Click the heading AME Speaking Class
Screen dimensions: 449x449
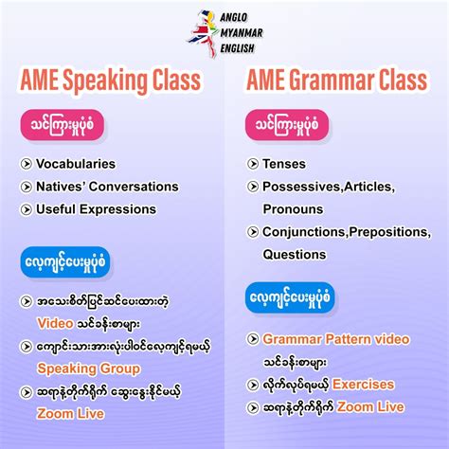tap(110, 81)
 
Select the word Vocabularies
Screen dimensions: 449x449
tap(76, 164)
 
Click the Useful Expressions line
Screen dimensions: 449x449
tap(96, 208)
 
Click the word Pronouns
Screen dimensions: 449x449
tap(294, 208)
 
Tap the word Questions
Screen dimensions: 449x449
tap(295, 254)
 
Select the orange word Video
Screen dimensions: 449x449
tap(55, 322)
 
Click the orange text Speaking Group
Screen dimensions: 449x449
tap(88, 368)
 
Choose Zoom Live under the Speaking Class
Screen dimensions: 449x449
tap(72, 413)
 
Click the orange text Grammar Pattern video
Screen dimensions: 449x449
tap(336, 338)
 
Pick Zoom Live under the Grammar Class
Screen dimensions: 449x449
tap(370, 407)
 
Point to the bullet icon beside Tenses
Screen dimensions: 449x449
tap(252, 164)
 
